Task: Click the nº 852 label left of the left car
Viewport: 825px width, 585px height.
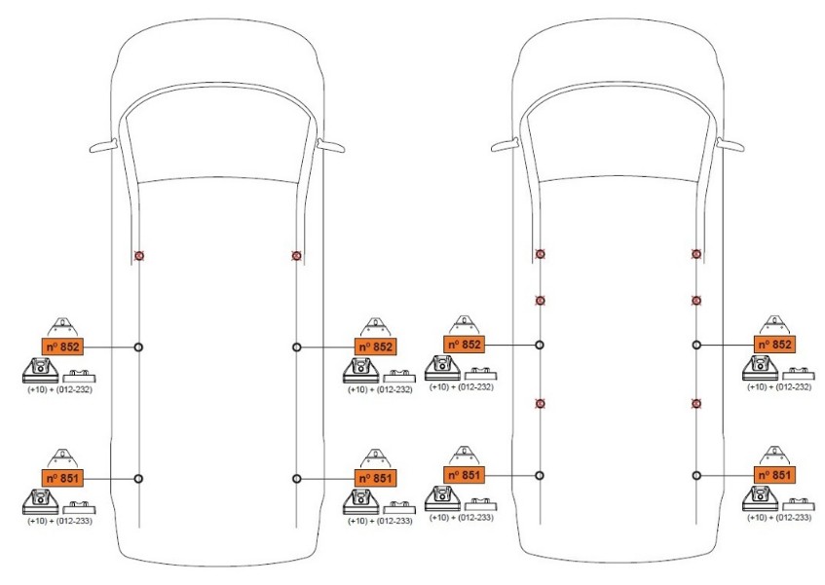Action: (63, 347)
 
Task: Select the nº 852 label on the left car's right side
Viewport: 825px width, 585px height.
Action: (375, 347)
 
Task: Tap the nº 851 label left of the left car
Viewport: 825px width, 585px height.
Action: (63, 478)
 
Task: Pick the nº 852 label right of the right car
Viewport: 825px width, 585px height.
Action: (774, 345)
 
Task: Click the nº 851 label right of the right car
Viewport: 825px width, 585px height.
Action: (774, 474)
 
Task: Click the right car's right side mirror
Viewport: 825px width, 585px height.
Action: (732, 144)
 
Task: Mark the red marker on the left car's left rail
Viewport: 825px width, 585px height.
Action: (139, 255)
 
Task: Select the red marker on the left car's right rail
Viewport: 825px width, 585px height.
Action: (296, 255)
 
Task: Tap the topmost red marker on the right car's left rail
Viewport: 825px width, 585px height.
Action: (540, 253)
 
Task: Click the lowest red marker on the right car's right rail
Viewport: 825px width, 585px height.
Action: (696, 403)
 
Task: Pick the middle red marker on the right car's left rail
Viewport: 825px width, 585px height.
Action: (540, 300)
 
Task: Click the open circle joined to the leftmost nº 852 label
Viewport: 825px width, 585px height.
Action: (139, 347)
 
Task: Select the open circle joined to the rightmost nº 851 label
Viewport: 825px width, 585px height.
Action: (696, 475)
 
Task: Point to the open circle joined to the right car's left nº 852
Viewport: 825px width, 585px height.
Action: (540, 345)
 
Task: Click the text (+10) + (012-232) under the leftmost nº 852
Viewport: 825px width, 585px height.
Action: (59, 389)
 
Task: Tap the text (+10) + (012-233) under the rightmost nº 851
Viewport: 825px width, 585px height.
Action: (778, 517)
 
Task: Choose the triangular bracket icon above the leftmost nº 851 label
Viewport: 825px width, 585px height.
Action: (63, 456)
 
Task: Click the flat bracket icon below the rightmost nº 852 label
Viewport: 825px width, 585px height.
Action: (799, 373)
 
